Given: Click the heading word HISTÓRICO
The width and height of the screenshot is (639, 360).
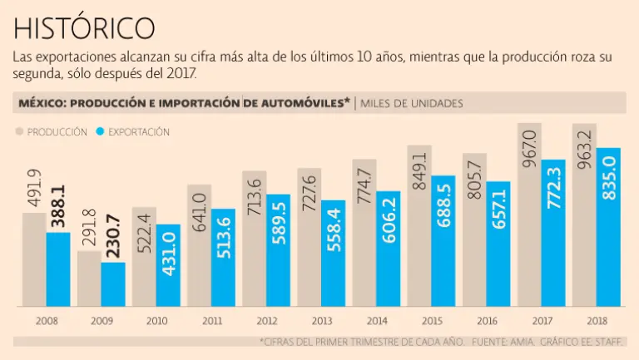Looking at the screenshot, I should pyautogui.click(x=84, y=27).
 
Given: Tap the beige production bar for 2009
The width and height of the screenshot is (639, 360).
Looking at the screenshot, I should pyautogui.click(x=89, y=279).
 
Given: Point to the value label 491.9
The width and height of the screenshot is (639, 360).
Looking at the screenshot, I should pyautogui.click(x=34, y=190).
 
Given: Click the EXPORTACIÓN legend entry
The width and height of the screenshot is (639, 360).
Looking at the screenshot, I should pyautogui.click(x=139, y=131).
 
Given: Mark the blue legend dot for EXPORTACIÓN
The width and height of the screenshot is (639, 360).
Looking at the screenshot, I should pyautogui.click(x=101, y=131).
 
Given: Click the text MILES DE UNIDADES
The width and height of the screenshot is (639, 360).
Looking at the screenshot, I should pyautogui.click(x=412, y=103).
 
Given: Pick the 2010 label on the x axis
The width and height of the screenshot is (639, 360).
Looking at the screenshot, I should pyautogui.click(x=156, y=320).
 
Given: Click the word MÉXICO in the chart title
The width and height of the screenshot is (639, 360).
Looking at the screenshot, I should pyautogui.click(x=42, y=103).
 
